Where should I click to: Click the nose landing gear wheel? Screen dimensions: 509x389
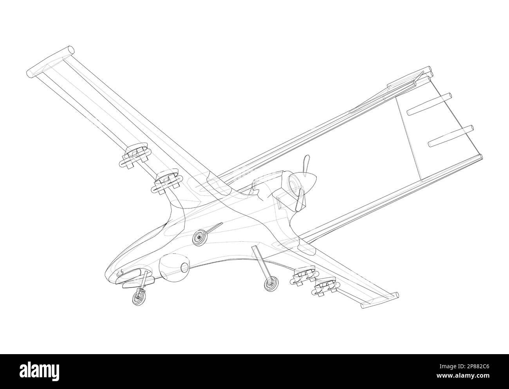point(139,298)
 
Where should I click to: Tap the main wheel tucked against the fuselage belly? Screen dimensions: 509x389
point(199,237)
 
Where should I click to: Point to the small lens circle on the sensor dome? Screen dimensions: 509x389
point(185,268)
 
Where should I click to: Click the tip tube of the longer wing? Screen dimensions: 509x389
point(51,62)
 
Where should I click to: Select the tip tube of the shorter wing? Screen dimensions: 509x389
point(380,300)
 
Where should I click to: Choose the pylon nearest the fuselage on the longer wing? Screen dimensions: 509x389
point(167,182)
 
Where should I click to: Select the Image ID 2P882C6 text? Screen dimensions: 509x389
point(464,367)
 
